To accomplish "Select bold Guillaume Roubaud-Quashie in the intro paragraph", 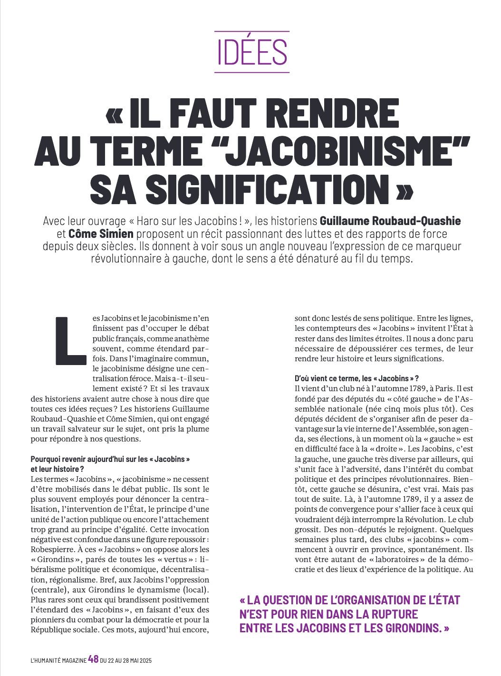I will point(390,221).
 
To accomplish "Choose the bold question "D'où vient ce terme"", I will point(356,378).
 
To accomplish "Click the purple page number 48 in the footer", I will point(93,659).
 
